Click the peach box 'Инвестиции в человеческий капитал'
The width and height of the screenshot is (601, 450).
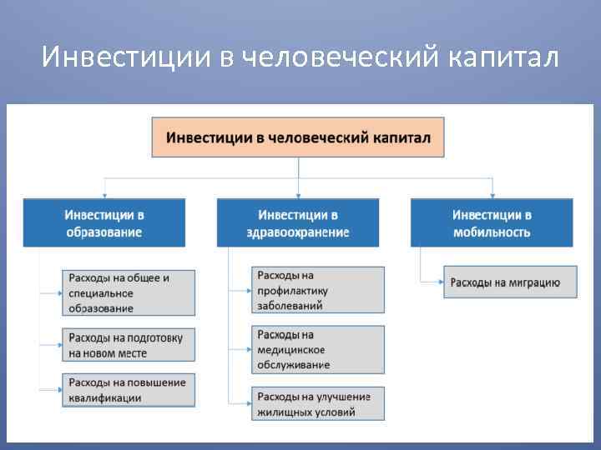(x=298, y=137)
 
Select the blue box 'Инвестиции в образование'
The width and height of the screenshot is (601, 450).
(x=104, y=222)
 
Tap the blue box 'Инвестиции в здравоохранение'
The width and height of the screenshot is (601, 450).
(x=298, y=222)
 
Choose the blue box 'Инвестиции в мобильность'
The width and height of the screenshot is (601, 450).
(x=491, y=222)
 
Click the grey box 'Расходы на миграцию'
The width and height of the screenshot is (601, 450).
(x=509, y=282)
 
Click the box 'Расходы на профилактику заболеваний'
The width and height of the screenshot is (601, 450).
(x=318, y=289)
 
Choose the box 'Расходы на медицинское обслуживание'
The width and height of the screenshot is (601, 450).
(x=318, y=349)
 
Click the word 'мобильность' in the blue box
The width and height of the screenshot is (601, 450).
(x=491, y=232)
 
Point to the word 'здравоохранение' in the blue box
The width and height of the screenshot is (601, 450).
(x=298, y=232)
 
